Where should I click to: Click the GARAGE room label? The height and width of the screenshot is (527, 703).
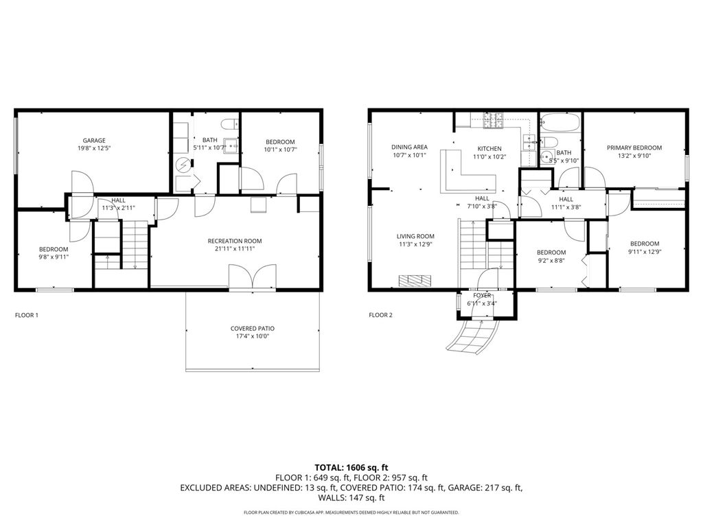(94, 140)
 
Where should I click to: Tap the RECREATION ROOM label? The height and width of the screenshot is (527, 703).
(235, 241)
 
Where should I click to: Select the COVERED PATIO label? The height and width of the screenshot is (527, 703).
(253, 329)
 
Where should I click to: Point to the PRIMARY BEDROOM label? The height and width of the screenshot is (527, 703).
(634, 148)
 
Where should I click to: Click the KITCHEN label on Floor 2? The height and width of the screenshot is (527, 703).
(489, 148)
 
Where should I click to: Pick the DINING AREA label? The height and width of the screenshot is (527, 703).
(409, 147)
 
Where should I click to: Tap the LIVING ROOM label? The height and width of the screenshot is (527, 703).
(415, 236)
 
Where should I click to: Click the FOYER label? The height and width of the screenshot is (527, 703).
(482, 295)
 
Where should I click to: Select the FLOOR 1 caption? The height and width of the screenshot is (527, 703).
(27, 315)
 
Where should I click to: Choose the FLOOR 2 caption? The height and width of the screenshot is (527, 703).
(380, 315)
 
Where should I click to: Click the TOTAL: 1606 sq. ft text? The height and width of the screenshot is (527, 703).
(351, 468)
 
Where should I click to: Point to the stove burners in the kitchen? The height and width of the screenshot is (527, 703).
(494, 121)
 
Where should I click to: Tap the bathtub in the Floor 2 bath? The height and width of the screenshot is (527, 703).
(560, 122)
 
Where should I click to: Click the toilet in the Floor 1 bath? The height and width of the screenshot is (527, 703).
(230, 124)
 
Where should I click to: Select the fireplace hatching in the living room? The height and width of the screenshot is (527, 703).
(415, 280)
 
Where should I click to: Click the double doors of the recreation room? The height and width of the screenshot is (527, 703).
(253, 277)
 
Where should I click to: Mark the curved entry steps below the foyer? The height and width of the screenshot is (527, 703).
(473, 335)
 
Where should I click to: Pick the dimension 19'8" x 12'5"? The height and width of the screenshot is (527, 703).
(94, 148)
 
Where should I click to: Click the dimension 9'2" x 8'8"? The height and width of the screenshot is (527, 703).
(551, 260)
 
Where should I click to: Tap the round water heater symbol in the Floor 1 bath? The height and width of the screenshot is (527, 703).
(183, 165)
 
